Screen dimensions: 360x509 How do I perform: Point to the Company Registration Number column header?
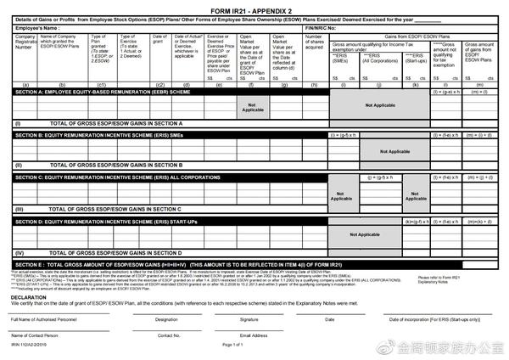tap(25, 43)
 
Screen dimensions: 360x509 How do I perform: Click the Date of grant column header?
tap(160, 38)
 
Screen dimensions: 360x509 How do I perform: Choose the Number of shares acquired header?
tap(315, 42)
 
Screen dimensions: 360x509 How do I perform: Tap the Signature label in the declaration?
tap(248, 318)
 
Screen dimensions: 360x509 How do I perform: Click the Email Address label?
tap(255, 335)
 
